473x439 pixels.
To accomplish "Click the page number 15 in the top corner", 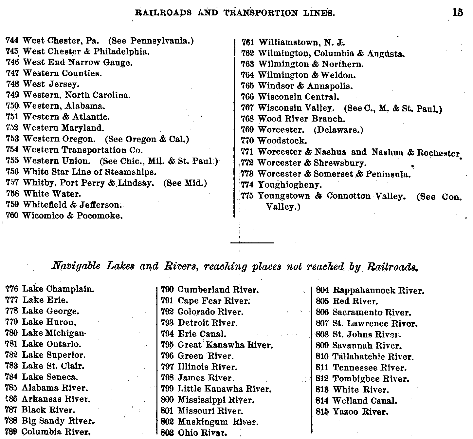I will coord(458,13).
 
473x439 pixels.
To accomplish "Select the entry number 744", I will coord(11,41).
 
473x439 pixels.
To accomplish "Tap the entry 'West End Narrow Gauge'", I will coord(78,62).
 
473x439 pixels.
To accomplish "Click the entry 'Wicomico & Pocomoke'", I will coord(73,216).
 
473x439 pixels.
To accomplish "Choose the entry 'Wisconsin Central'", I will coord(299,97).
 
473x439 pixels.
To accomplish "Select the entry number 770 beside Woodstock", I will coord(247,141).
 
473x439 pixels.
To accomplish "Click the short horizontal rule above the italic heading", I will coord(252,243).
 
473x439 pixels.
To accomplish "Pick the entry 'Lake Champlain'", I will coord(58,289).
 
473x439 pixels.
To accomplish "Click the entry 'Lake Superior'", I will coord(53,355).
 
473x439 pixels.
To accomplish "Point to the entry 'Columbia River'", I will coord(56,431).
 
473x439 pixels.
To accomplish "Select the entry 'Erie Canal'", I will coord(202,334).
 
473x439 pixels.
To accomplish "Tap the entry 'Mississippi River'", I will coord(216,400).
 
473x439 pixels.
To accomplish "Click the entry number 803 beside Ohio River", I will coord(167,433).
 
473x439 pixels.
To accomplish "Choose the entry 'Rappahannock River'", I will coord(378,290).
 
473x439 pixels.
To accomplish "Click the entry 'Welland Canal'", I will coord(364,400).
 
